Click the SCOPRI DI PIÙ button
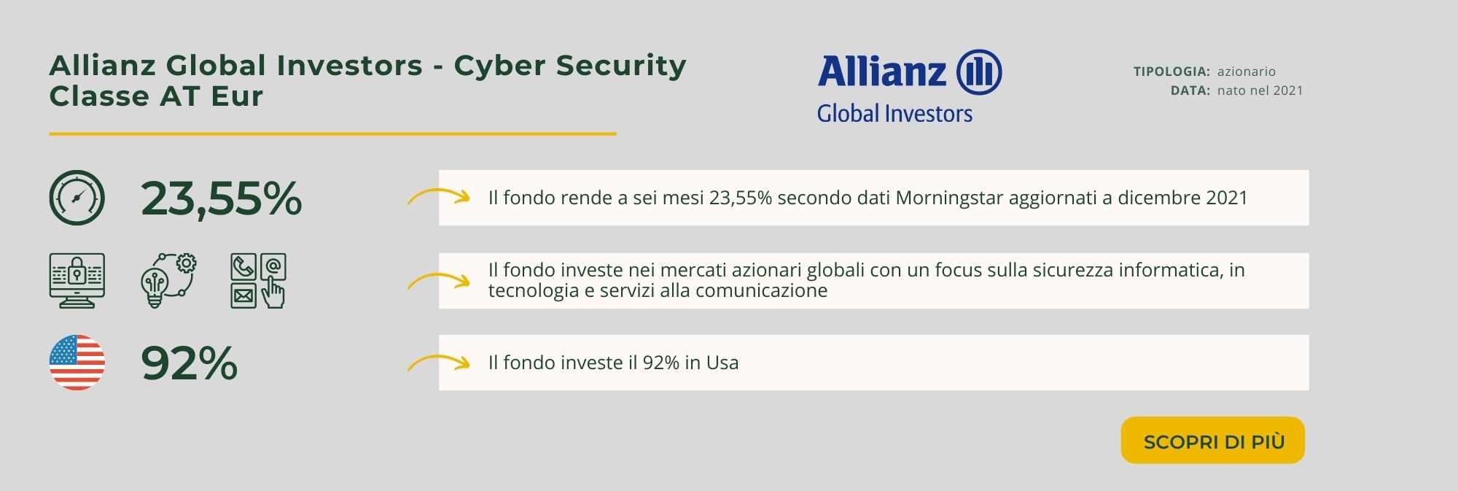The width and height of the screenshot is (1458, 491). click(1212, 440)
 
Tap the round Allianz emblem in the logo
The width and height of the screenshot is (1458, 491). click(979, 72)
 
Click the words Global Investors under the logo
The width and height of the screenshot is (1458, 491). click(894, 114)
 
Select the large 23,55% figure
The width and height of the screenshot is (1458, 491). click(221, 198)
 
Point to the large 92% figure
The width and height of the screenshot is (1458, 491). click(190, 363)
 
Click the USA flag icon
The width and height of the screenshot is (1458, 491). click(77, 363)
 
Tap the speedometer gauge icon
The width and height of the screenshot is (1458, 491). click(77, 198)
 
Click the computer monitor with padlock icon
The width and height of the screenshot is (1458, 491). click(77, 281)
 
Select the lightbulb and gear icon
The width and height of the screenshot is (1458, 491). click(168, 281)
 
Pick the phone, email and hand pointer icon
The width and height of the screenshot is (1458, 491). click(258, 281)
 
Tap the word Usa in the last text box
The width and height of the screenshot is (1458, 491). click(722, 363)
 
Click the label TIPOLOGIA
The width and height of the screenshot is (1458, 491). click(1172, 71)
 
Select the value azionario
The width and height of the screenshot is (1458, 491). click(1247, 71)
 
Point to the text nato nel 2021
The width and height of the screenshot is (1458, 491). click(1260, 90)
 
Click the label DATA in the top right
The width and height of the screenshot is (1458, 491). click(1190, 90)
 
